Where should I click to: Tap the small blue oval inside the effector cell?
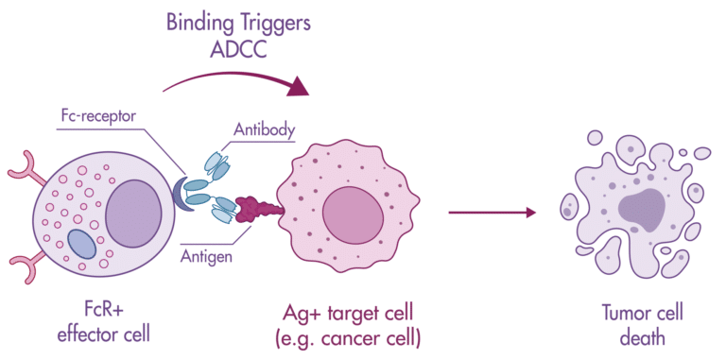pyautogui.click(x=82, y=245)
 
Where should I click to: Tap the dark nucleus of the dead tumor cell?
pyautogui.click(x=643, y=205)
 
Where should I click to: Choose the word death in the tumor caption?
pyautogui.click(x=642, y=335)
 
